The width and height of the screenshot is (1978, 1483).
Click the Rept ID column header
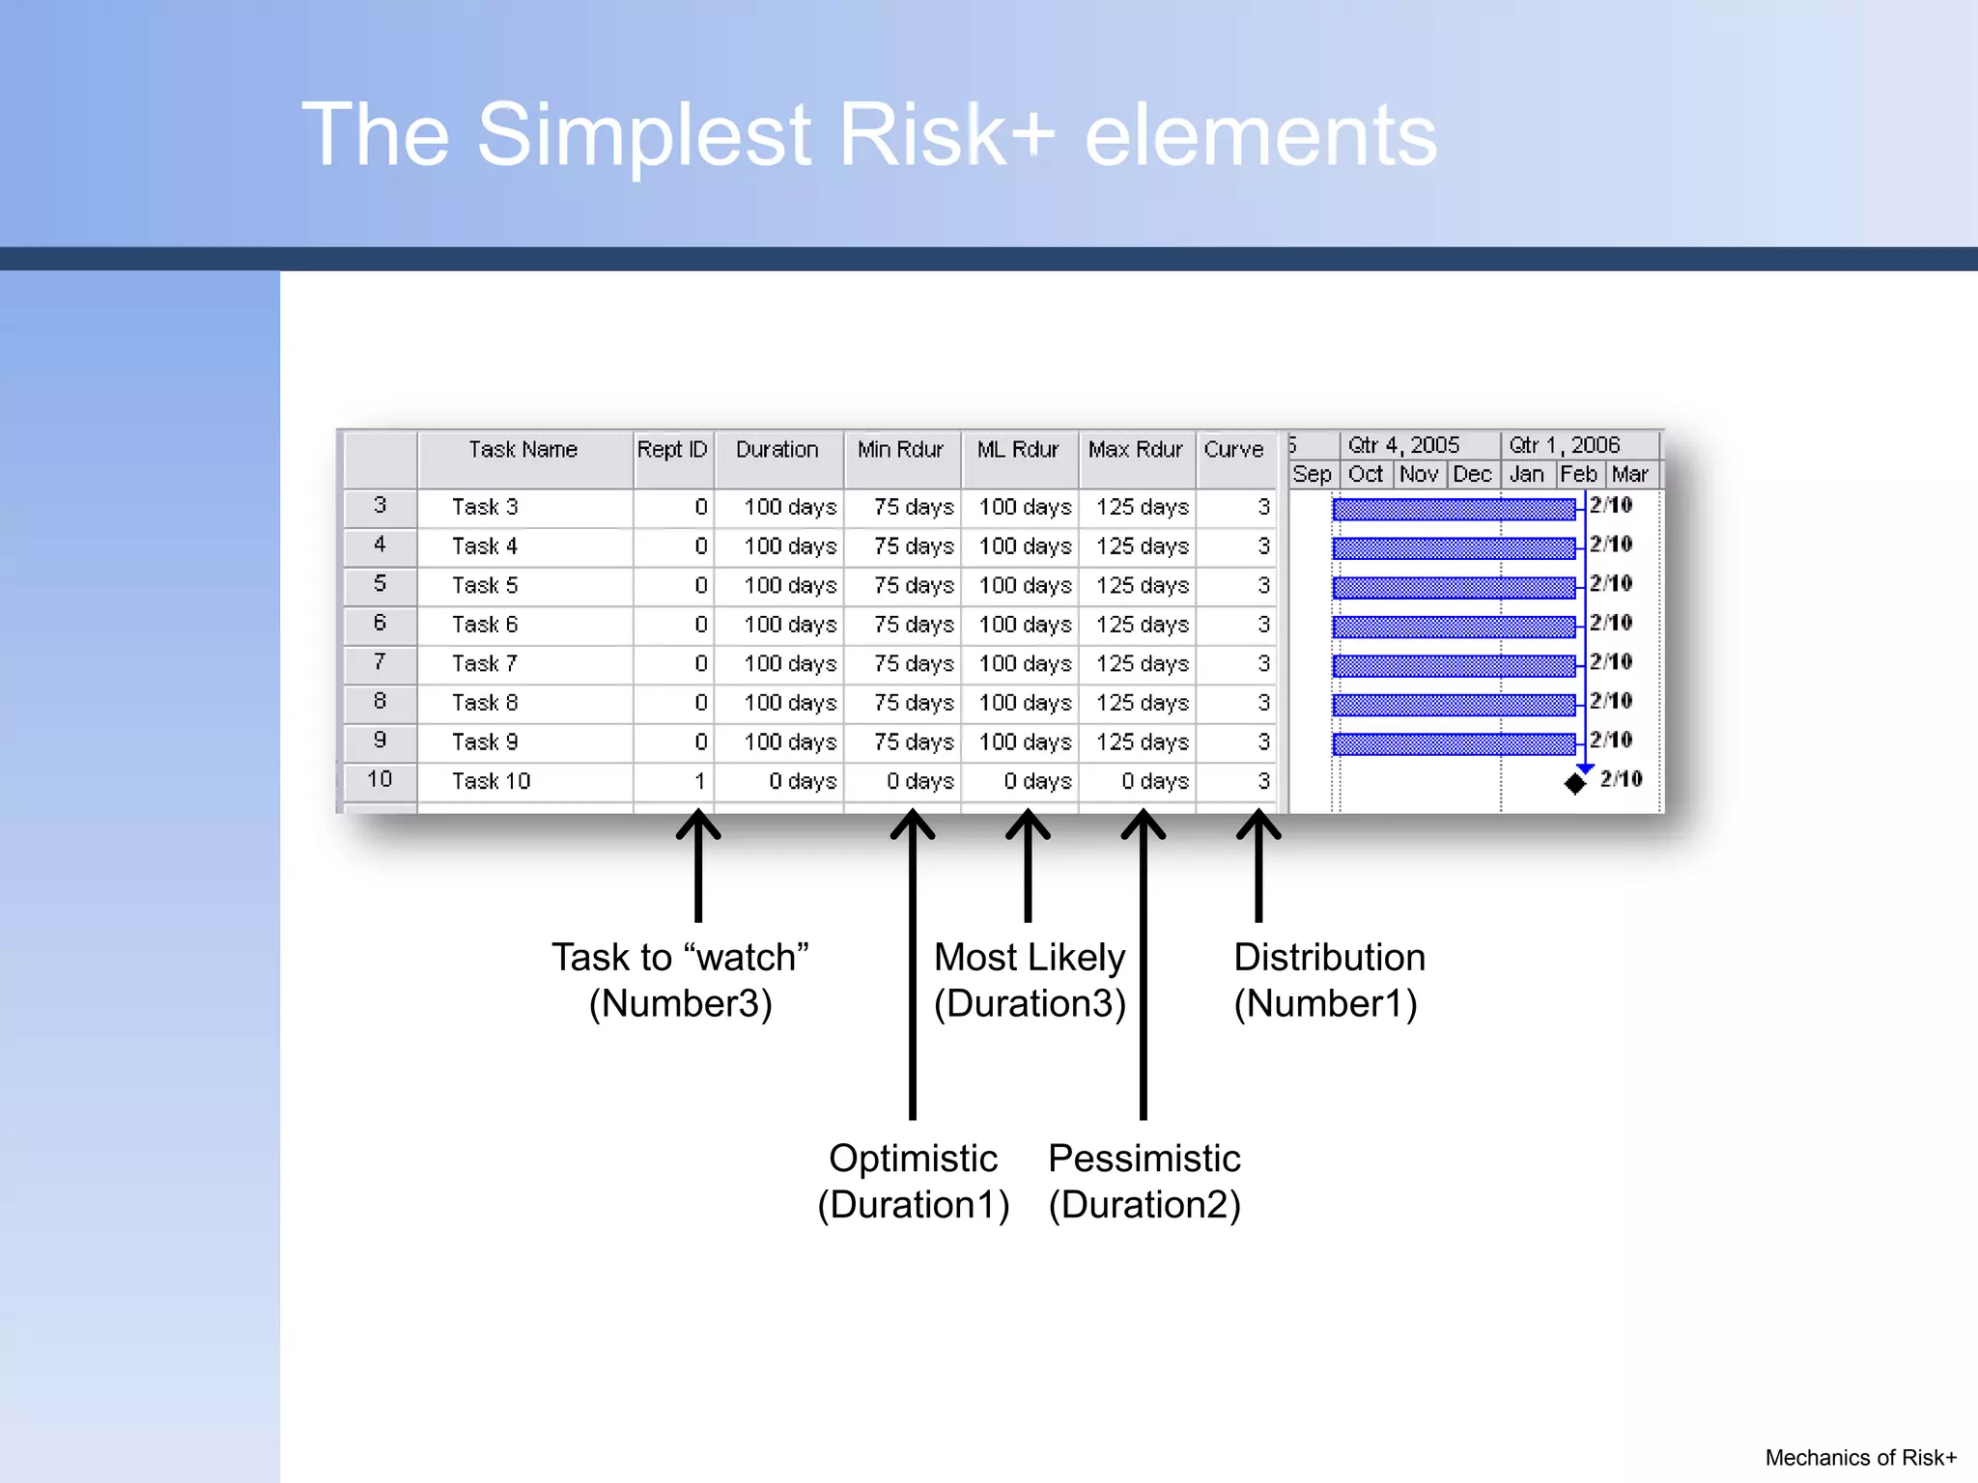(x=672, y=450)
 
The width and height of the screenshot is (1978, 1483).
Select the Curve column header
(x=1233, y=450)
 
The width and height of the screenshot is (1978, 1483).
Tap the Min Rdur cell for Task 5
(x=913, y=586)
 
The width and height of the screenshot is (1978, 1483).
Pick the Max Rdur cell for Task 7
(x=1142, y=664)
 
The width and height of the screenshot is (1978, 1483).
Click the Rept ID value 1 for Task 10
(x=700, y=781)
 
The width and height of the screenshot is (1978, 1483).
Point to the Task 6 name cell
(x=485, y=625)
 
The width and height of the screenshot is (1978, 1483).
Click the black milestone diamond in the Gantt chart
(x=1575, y=783)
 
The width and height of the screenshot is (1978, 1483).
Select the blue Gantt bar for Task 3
(x=1454, y=509)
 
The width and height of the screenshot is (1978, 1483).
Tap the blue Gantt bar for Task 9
(x=1454, y=743)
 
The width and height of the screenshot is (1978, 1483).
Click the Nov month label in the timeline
(x=1418, y=474)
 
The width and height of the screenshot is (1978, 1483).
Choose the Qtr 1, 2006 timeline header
(x=1564, y=445)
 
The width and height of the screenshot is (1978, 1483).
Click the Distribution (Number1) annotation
(x=1328, y=980)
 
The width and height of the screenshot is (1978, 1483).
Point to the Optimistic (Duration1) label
(x=913, y=1181)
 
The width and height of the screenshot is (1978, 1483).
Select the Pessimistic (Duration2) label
(x=1144, y=1181)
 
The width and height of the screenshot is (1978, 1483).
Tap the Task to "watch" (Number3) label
(x=680, y=980)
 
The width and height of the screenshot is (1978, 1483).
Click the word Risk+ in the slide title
(x=947, y=135)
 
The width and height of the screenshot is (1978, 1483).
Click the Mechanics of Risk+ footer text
(x=1860, y=1458)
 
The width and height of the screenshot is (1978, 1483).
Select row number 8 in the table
(x=380, y=702)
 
